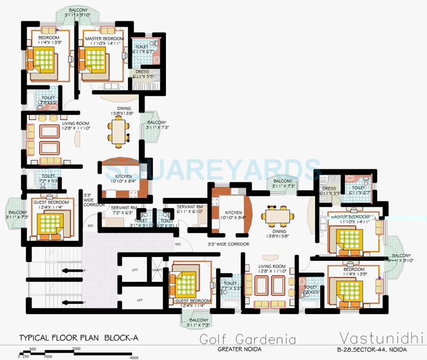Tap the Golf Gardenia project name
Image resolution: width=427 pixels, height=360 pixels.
[x=247, y=340]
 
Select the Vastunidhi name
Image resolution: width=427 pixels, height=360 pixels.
[x=381, y=338]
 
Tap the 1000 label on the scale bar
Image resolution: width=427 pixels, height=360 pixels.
[x=48, y=357]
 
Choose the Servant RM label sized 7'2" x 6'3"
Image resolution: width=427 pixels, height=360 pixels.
[x=124, y=210]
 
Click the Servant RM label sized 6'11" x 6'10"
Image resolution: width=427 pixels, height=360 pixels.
[x=190, y=209]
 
